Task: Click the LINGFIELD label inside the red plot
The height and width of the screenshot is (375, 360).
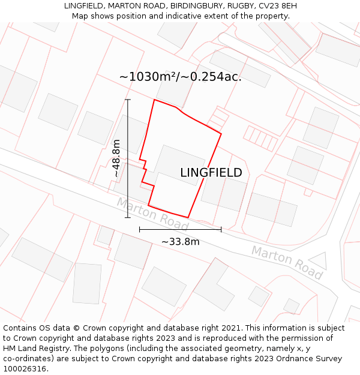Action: pyautogui.click(x=211, y=173)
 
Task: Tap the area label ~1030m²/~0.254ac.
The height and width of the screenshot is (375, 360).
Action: pyautogui.click(x=180, y=77)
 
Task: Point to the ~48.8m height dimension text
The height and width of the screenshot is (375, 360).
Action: pyautogui.click(x=116, y=158)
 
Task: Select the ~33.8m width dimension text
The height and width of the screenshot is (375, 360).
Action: pyautogui.click(x=180, y=242)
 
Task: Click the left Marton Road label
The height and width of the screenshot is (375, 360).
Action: pyautogui.click(x=152, y=215)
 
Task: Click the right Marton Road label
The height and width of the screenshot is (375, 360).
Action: pyautogui.click(x=287, y=262)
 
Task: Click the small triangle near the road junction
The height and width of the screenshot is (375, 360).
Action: pyautogui.click(x=319, y=261)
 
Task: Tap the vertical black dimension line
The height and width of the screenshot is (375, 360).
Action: pyautogui.click(x=128, y=158)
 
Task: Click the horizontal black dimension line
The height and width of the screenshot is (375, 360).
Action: pyautogui.click(x=180, y=229)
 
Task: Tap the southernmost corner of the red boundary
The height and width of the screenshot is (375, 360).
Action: pyautogui.click(x=188, y=217)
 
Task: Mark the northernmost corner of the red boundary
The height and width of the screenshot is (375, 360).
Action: pyautogui.click(x=154, y=100)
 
